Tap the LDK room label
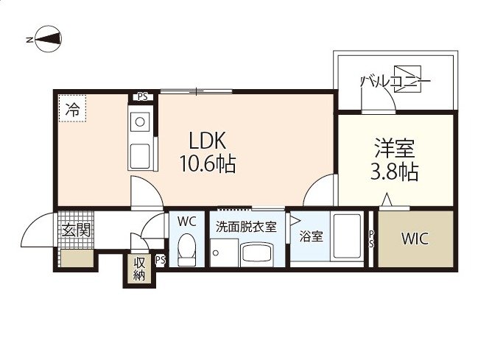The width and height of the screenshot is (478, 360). (x=207, y=141)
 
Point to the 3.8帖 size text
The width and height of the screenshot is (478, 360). (x=394, y=172)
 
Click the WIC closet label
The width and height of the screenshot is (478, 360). (x=415, y=239)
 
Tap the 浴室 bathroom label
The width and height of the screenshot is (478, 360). (x=311, y=236)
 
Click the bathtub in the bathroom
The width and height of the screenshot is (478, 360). (x=347, y=236)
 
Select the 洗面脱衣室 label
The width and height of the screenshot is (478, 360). (x=246, y=227)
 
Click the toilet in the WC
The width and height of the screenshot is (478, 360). (x=186, y=250)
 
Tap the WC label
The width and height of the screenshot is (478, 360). (x=186, y=222)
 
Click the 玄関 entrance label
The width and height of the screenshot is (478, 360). (x=76, y=230)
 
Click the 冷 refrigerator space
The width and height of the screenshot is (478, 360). (x=73, y=109)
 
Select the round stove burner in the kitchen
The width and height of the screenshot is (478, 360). (x=140, y=122)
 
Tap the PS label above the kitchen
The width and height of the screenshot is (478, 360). (x=142, y=97)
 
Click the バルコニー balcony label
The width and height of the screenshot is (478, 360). (x=396, y=82)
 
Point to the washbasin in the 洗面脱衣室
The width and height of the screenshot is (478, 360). (x=256, y=253)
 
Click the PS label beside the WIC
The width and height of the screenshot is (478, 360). (x=371, y=239)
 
